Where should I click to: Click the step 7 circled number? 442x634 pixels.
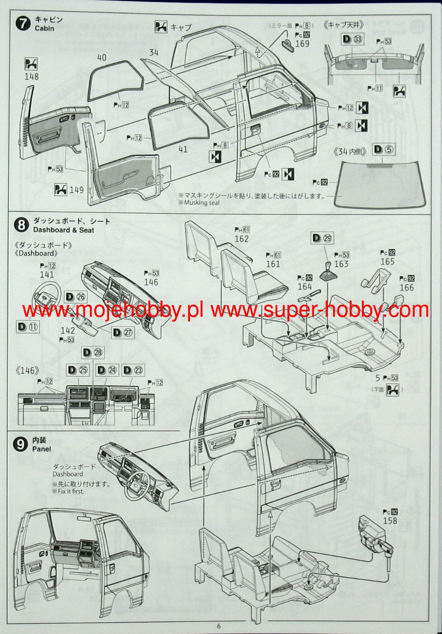(x=23, y=23)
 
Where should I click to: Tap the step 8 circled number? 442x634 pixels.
(x=21, y=225)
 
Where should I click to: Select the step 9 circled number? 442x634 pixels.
(x=20, y=444)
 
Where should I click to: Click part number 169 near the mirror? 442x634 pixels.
(x=302, y=44)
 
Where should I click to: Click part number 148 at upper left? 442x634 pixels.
(x=32, y=77)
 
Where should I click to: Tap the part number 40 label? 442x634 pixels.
(x=102, y=58)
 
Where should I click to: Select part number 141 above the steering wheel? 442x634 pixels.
(x=47, y=274)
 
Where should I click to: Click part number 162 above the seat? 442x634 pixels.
(x=242, y=239)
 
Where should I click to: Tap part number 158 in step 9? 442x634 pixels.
(x=390, y=521)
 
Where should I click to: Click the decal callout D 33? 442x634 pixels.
(x=352, y=39)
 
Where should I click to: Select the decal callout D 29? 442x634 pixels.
(x=322, y=238)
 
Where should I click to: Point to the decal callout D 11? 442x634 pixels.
(x=28, y=327)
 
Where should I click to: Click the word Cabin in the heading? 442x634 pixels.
(x=44, y=28)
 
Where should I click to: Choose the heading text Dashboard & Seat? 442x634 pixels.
(x=64, y=230)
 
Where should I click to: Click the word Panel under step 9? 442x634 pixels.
(x=42, y=449)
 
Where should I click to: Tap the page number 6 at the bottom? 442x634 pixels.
(x=219, y=626)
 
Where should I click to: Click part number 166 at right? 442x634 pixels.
(x=406, y=287)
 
